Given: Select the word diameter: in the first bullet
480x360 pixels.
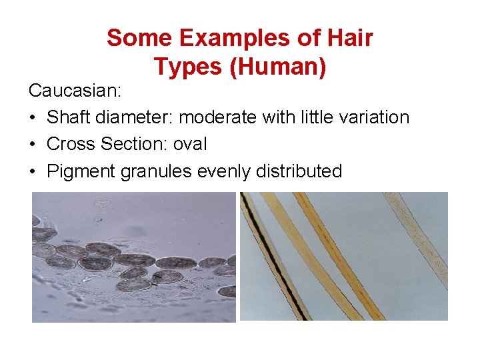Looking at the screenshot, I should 139,117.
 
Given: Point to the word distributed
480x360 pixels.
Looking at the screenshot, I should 301,171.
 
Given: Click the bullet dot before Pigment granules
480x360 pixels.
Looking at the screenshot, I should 33,171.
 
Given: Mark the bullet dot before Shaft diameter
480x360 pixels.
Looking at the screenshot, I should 33,117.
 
